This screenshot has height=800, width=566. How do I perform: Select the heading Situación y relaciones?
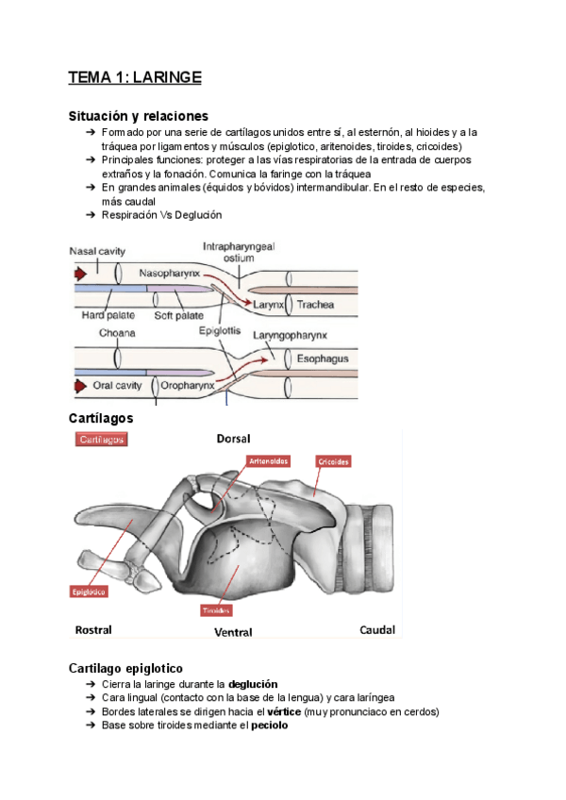pos(138,116)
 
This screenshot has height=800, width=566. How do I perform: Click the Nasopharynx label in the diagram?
pos(169,273)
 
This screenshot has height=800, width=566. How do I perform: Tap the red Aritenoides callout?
pos(268,461)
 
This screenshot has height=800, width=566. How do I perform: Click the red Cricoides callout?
pos(334,461)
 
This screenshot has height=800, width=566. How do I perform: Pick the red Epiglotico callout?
pos(88,592)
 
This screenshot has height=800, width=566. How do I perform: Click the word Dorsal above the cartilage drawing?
pos(233,439)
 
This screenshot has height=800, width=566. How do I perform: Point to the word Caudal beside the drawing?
pos(377,629)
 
